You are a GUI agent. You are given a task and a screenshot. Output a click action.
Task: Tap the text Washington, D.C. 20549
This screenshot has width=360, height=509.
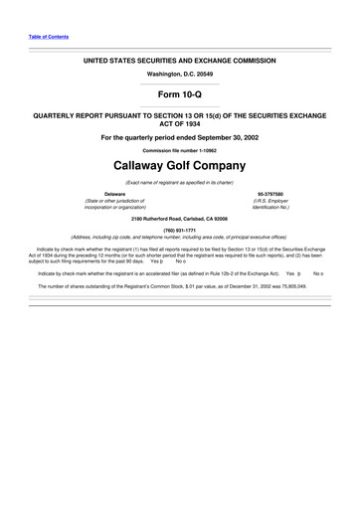tap(179, 75)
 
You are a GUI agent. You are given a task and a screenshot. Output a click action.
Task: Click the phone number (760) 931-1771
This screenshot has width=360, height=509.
tap(179, 230)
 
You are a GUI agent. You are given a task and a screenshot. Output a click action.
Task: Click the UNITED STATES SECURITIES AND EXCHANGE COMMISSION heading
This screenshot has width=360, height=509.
tap(179, 60)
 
